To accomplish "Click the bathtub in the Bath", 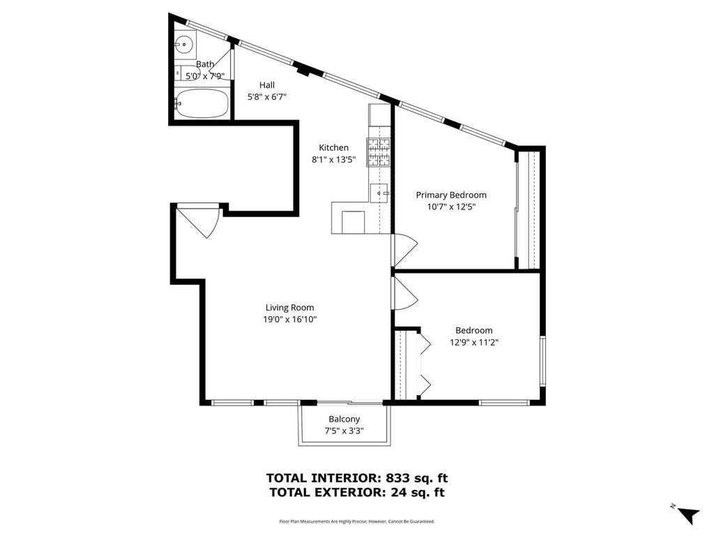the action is (202, 103).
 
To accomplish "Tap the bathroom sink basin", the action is (184, 45).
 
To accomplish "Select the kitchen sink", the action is (379, 193).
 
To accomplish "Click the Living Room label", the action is (289, 308).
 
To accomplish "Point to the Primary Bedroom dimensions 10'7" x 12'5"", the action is (451, 207).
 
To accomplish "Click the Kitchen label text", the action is (334, 148).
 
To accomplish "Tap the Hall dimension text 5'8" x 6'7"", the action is (267, 96).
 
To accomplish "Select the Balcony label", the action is (344, 419).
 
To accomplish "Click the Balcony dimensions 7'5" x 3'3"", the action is (344, 431).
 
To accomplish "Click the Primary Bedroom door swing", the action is (405, 251).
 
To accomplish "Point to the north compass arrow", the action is (688, 514).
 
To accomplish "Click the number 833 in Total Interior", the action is (397, 478).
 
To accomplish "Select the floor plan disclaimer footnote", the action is (356, 521).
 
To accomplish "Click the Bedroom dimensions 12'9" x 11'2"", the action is (474, 342).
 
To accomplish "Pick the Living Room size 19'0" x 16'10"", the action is (289, 320).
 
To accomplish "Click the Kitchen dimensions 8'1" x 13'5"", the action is (334, 160).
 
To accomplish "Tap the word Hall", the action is (267, 84).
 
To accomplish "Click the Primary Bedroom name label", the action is (451, 195).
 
